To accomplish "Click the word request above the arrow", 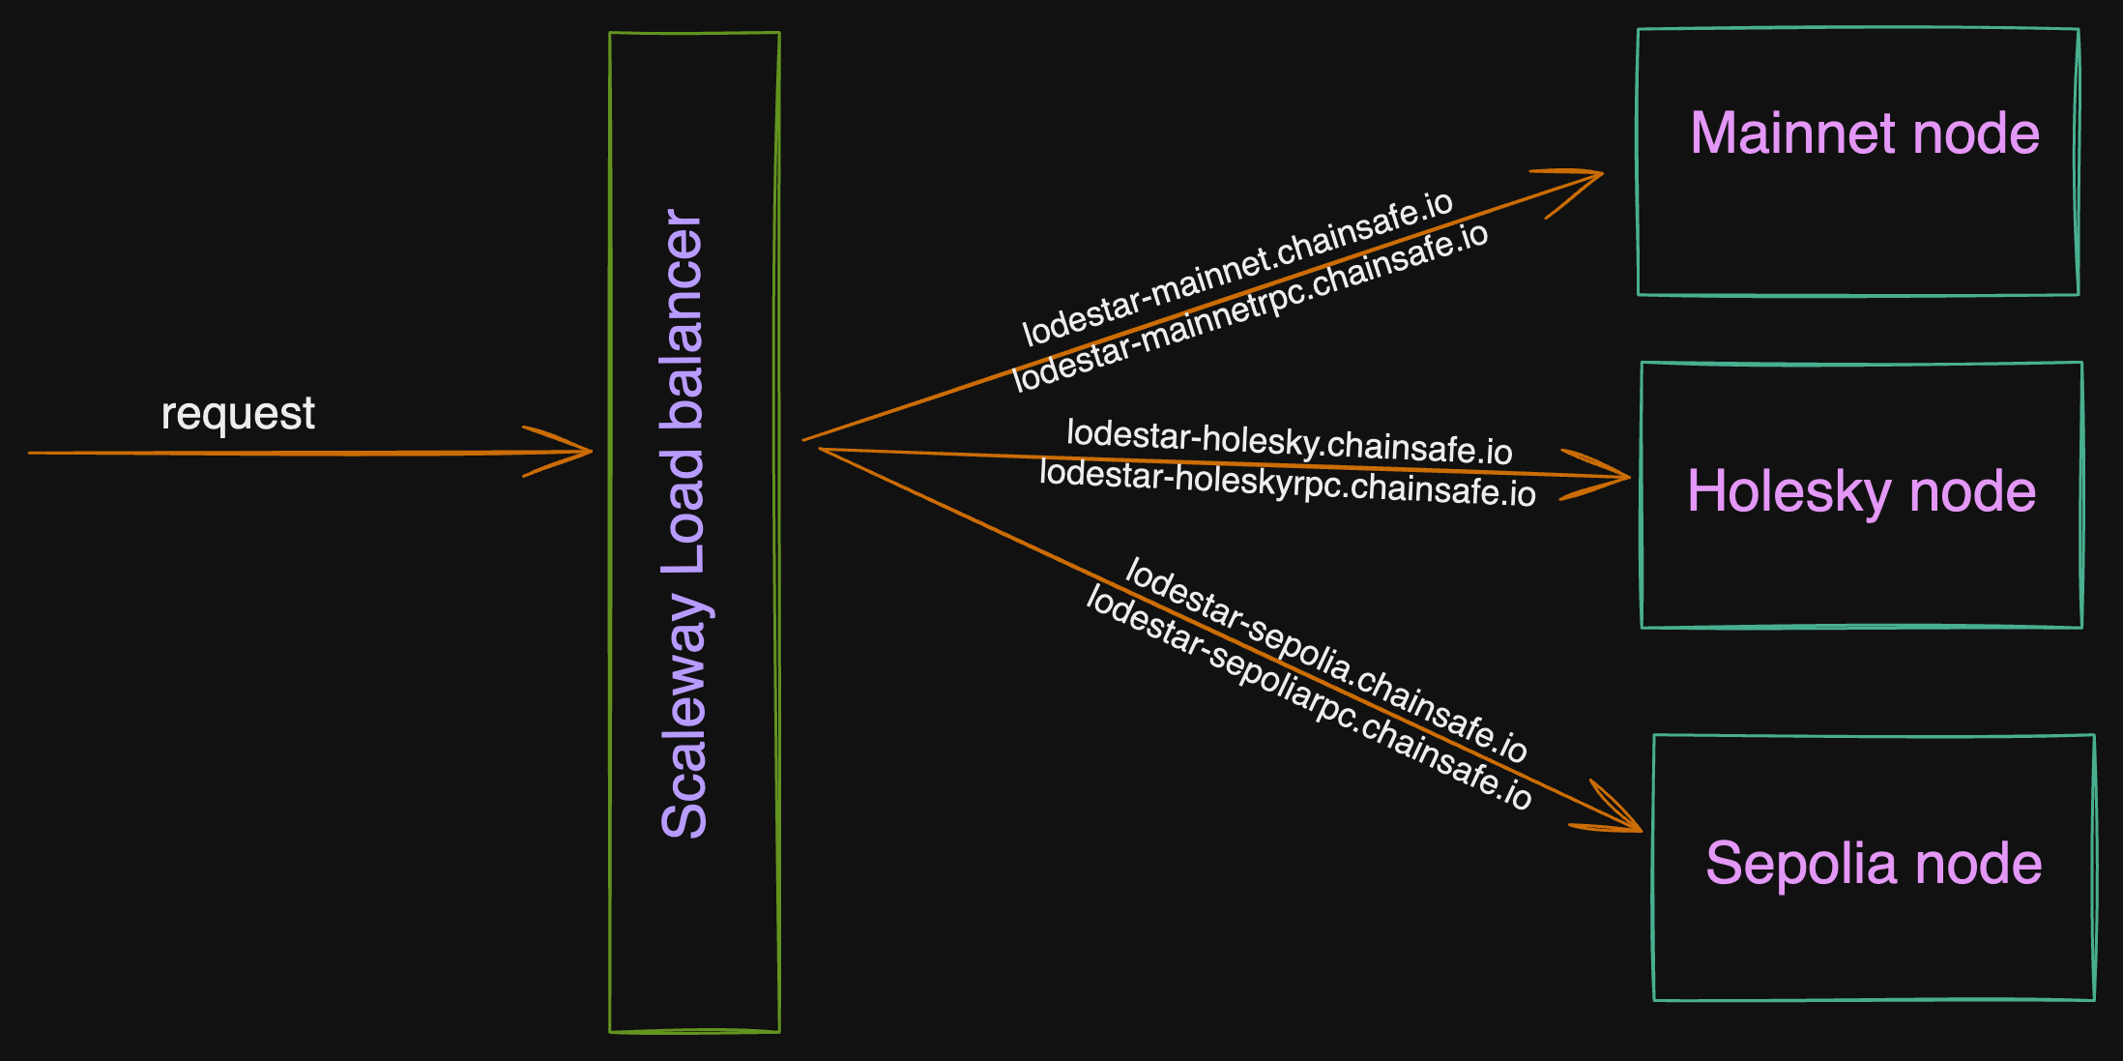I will coord(238,414).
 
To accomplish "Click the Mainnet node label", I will coord(1864,133).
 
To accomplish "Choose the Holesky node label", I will coord(1861,491).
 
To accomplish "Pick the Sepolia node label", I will coord(1873,863).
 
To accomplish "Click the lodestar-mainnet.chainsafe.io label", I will coord(1236,268).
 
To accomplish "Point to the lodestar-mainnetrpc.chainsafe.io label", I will coord(1249,307).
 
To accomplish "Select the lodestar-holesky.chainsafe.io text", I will coord(1289,441).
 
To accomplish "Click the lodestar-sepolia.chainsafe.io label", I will coord(1325,660).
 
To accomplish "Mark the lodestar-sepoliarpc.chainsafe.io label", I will coord(1308,696).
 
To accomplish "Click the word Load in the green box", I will coord(683,511).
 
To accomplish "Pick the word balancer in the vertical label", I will coord(683,319).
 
